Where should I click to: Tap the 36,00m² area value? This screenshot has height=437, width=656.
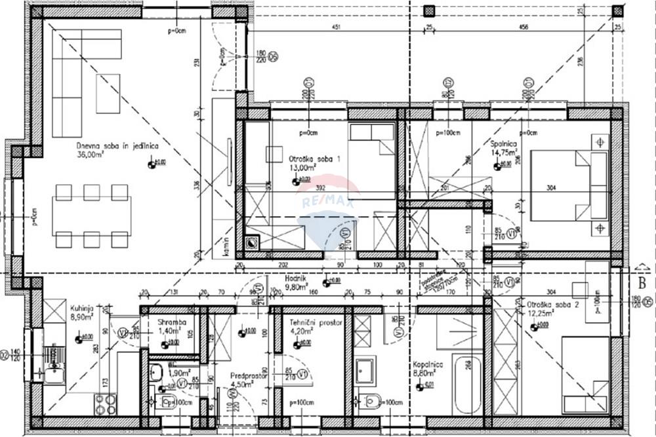91,155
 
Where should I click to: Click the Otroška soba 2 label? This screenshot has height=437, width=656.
552,305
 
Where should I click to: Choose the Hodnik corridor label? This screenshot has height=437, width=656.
297,278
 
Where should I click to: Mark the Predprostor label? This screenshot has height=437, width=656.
247,376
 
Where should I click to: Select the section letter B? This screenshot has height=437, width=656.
642,284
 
